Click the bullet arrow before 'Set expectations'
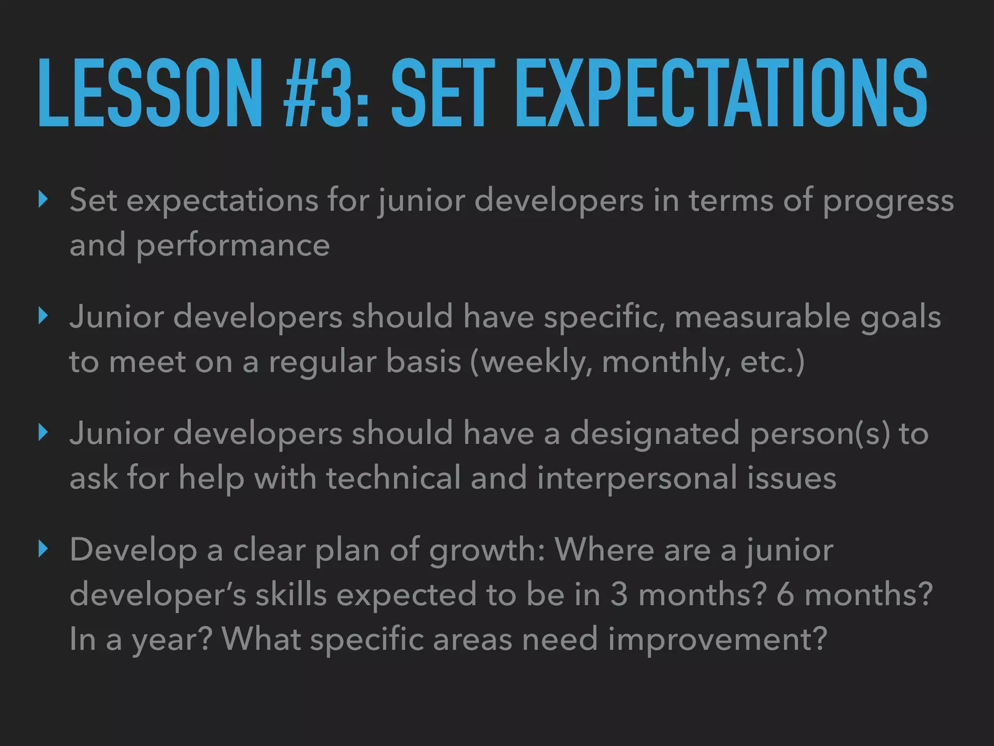tap(43, 199)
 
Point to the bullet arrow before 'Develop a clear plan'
tap(43, 549)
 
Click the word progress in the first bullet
tap(888, 202)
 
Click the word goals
tap(900, 318)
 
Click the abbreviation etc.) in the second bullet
tap(772, 362)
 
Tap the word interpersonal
tap(637, 478)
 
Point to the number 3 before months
tap(618, 595)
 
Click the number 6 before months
tap(785, 595)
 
